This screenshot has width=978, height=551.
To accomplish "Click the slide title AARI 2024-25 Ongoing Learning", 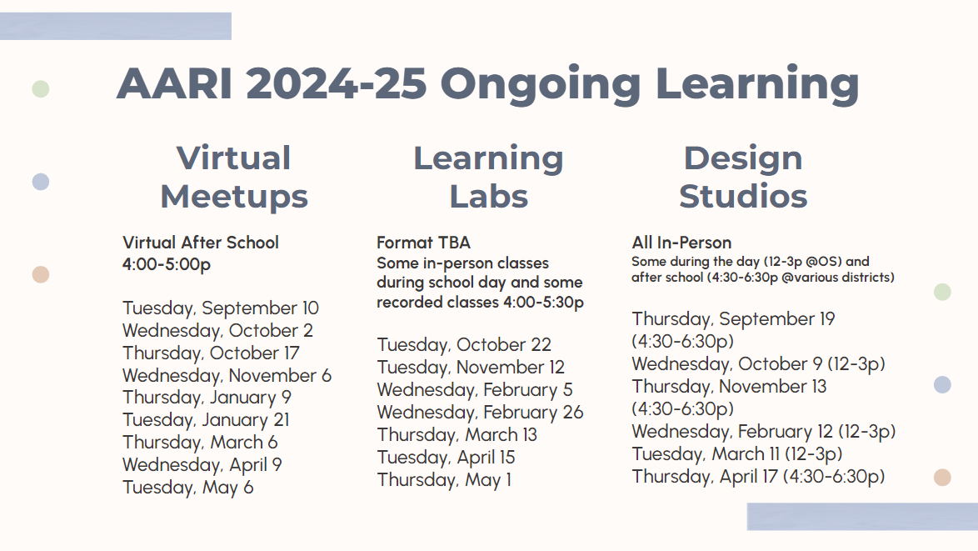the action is tap(488, 83).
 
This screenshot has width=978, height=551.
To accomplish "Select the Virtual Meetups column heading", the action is tap(234, 178).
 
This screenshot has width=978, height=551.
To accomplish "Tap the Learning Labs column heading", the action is tap(488, 178).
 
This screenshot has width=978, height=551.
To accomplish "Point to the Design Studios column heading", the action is tap(743, 178).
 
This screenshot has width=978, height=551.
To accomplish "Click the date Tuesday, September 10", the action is tap(221, 308).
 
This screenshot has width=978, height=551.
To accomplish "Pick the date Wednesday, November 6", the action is tap(227, 376).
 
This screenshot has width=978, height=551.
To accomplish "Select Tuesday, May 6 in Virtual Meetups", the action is tap(187, 488).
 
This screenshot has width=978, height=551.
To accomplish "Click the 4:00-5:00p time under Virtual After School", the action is tap(167, 264).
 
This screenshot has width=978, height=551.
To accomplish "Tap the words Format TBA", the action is tap(423, 243).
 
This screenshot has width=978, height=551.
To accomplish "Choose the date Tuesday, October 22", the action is tap(464, 345).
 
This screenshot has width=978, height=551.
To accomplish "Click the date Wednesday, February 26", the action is tap(481, 413).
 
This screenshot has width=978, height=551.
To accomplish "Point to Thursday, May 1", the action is tap(444, 480).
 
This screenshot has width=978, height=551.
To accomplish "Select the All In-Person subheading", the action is tap(681, 243).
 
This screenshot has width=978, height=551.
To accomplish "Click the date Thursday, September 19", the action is tap(733, 319).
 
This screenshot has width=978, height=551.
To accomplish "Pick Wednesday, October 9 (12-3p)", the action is tap(758, 363).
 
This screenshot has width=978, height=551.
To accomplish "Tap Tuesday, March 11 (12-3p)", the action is tap(737, 453).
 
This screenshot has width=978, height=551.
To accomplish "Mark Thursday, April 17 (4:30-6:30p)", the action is tap(758, 476).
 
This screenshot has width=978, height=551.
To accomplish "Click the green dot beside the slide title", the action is tap(41, 88).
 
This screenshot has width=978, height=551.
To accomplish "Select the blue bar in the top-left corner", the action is tap(116, 26).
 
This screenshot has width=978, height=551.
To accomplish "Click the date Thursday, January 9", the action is tap(207, 398).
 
